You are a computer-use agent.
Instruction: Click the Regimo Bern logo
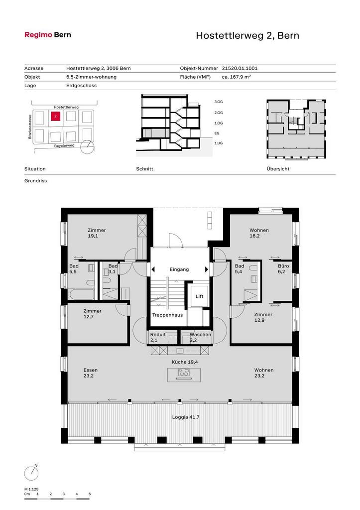[48, 35]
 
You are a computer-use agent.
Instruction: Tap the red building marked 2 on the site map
[56, 116]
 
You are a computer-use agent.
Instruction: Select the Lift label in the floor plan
[199, 296]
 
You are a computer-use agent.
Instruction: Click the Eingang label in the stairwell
[179, 269]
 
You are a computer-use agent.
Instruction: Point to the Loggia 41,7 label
[186, 417]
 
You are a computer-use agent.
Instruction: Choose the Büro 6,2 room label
[283, 268]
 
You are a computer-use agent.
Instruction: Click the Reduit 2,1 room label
[158, 337]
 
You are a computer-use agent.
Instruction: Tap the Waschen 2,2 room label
[200, 337]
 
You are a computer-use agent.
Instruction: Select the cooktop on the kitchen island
[184, 373]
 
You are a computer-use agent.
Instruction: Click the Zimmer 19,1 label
[97, 233]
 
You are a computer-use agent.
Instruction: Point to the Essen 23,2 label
[91, 373]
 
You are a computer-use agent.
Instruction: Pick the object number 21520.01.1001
[240, 68]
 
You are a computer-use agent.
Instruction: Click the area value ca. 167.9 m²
[237, 77]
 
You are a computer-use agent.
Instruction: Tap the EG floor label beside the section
[217, 133]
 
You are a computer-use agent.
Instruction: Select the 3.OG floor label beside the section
[219, 102]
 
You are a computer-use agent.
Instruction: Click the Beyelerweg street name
[64, 146]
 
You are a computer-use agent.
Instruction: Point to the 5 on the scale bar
[90, 494]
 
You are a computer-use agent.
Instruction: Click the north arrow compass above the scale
[31, 473]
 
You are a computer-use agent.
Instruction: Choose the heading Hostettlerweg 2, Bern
[247, 35]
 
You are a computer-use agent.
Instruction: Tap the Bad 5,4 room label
[240, 268]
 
